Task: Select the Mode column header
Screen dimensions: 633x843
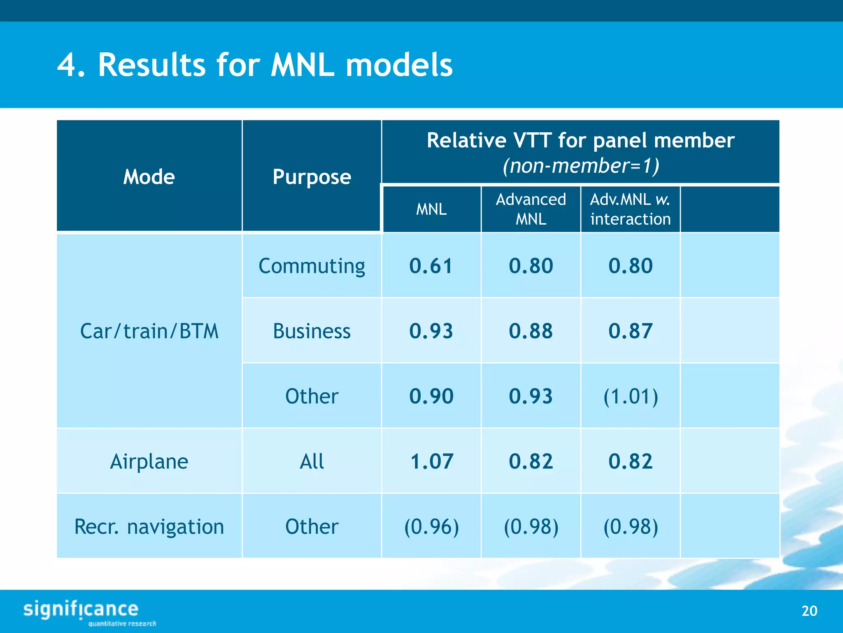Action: point(149,177)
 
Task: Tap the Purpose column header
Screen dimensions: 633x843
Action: point(312,177)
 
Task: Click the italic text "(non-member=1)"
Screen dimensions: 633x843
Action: point(580,166)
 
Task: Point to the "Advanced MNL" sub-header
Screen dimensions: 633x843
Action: point(531,209)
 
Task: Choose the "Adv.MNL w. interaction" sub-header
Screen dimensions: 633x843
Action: point(630,209)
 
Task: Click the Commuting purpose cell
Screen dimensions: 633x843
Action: point(312,266)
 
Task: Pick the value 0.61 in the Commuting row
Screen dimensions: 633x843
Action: point(431,266)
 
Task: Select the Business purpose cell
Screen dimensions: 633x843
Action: point(312,331)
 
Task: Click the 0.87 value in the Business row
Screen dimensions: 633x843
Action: point(630,331)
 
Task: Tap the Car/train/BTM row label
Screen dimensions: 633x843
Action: point(149,331)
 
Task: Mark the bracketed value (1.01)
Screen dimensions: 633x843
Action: point(630,396)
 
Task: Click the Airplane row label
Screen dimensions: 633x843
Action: point(149,461)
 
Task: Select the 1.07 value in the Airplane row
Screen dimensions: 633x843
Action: point(431,461)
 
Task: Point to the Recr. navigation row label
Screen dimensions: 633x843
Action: point(149,526)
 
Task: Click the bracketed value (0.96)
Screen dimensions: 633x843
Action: point(431,526)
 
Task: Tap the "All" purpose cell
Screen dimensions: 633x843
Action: point(312,461)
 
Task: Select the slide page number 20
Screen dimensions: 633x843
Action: point(809,611)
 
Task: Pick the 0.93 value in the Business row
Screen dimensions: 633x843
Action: point(431,331)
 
